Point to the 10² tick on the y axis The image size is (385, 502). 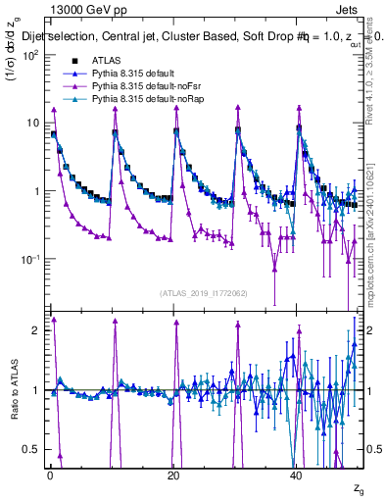pyautogui.click(x=30, y=55)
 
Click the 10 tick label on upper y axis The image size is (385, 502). pyautogui.click(x=32, y=123)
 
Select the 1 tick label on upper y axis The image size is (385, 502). pyautogui.click(x=36, y=191)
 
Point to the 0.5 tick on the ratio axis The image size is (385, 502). pyautogui.click(x=32, y=449)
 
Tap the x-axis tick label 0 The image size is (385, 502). pyautogui.click(x=50, y=475)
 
